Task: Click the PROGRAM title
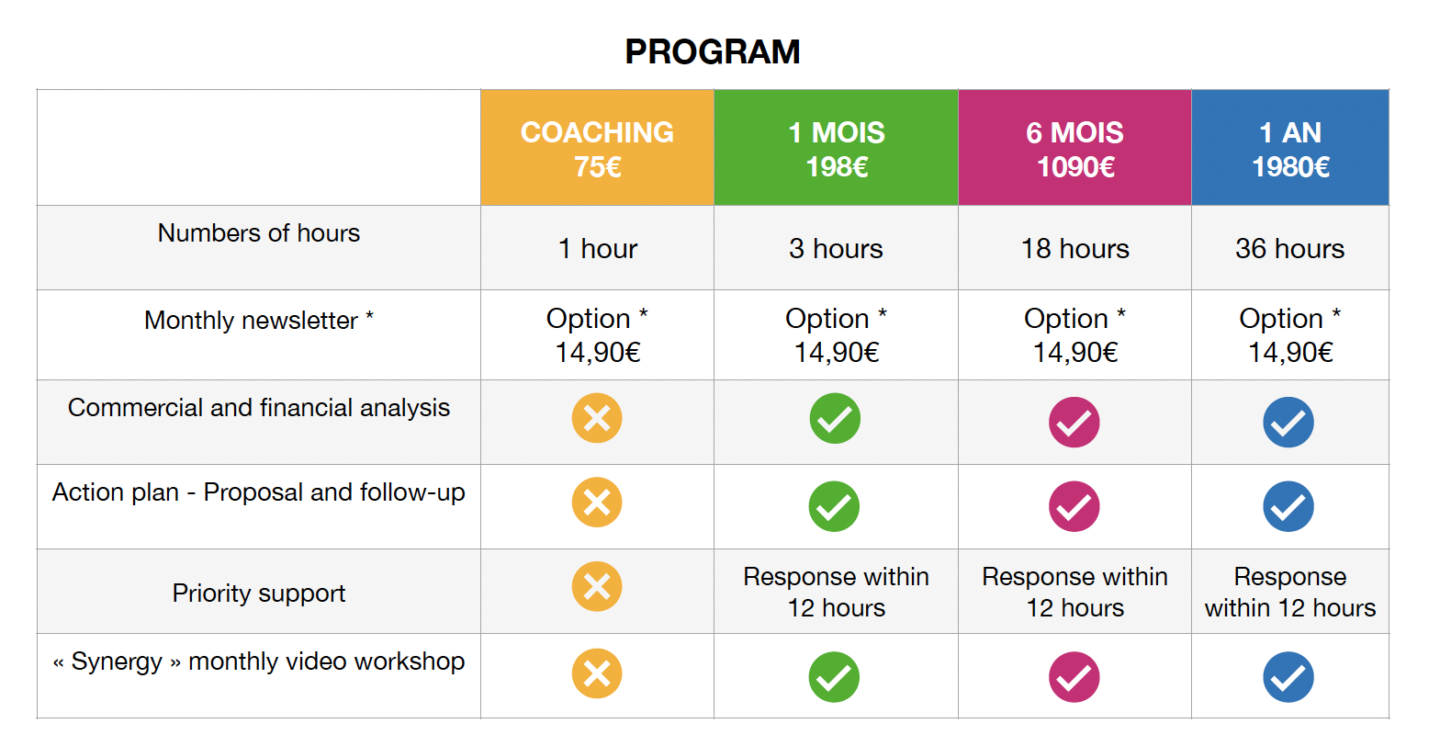tap(713, 51)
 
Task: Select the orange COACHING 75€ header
tap(597, 148)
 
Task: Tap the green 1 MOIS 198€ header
tap(836, 148)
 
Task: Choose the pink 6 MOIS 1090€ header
tap(1074, 148)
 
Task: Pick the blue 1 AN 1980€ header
tap(1290, 148)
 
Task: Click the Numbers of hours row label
tap(258, 232)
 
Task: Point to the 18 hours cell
tap(1074, 248)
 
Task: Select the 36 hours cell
tap(1289, 248)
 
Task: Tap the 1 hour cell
tap(597, 248)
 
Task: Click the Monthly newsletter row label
tap(258, 321)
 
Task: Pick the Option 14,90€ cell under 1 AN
tap(1290, 335)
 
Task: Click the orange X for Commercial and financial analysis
tap(597, 418)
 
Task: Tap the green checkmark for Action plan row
tap(834, 506)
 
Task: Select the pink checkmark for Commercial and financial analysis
tap(1074, 422)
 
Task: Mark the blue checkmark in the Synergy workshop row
tap(1288, 676)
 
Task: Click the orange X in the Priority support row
tap(597, 586)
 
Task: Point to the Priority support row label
tap(258, 593)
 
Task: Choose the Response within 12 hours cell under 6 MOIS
tap(1074, 592)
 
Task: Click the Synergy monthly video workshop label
tap(258, 661)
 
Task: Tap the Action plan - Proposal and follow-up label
tap(258, 492)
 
